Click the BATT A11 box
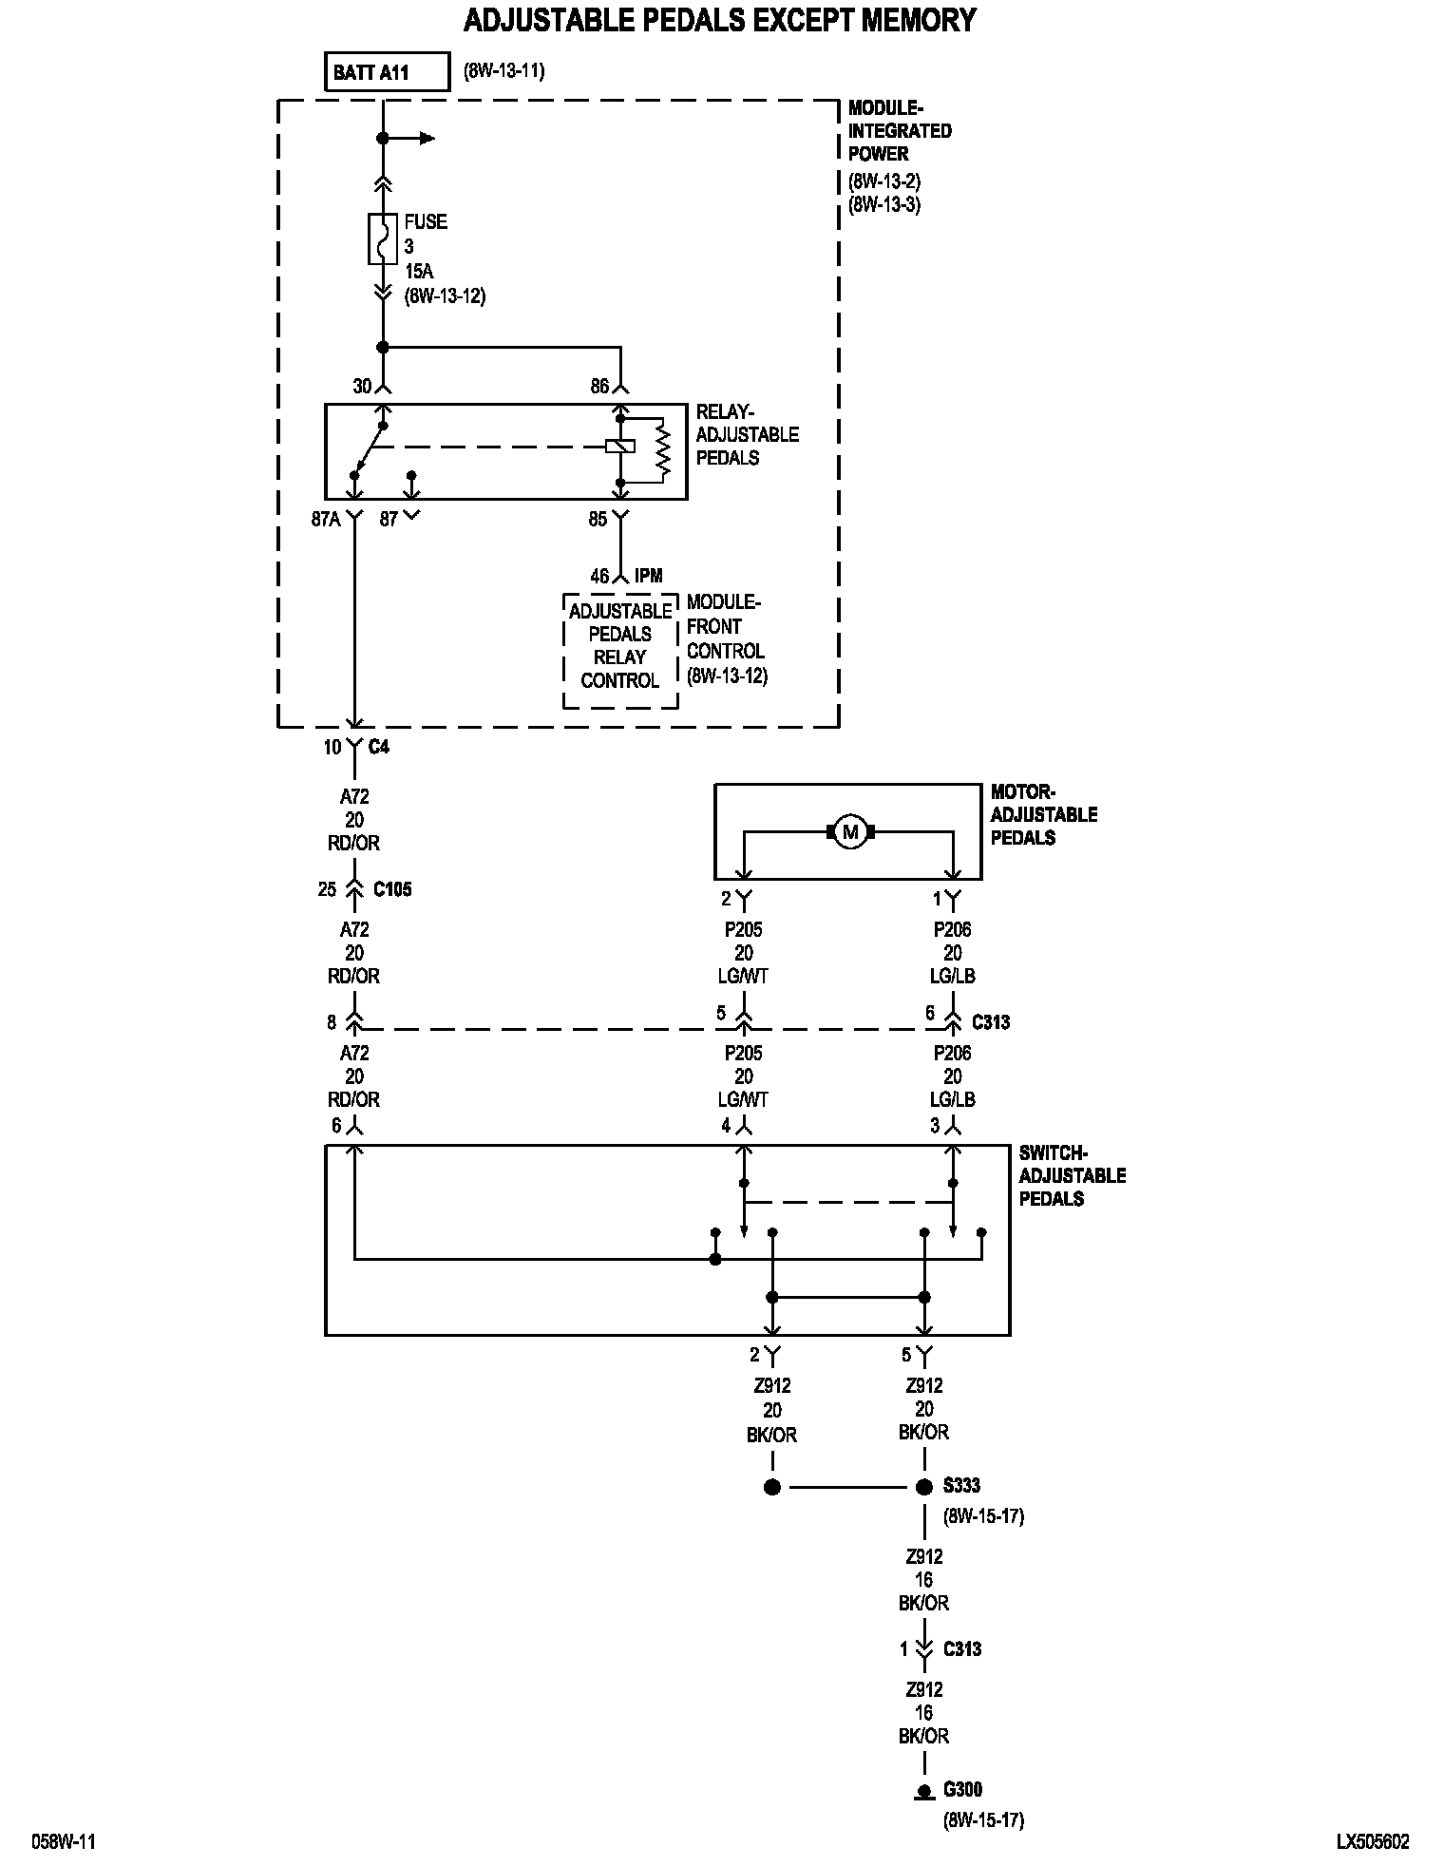click(x=386, y=72)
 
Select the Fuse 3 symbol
click(x=382, y=238)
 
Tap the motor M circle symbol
click(x=850, y=832)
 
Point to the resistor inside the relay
click(x=662, y=451)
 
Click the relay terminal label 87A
click(x=326, y=520)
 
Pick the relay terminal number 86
click(x=599, y=387)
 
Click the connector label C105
click(x=391, y=890)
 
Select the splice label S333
click(x=961, y=1485)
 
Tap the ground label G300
click(x=962, y=1790)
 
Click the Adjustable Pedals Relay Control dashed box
click(x=620, y=652)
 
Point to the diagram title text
click(x=719, y=20)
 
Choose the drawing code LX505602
click(x=1373, y=1841)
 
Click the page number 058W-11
click(x=64, y=1841)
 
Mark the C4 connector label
click(x=378, y=747)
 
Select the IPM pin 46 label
click(x=599, y=577)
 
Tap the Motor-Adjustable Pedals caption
click(x=1043, y=814)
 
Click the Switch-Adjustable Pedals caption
click(x=1072, y=1175)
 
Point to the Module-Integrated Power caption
click(x=899, y=131)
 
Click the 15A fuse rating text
click(x=418, y=272)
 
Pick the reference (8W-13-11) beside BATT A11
click(x=503, y=71)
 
